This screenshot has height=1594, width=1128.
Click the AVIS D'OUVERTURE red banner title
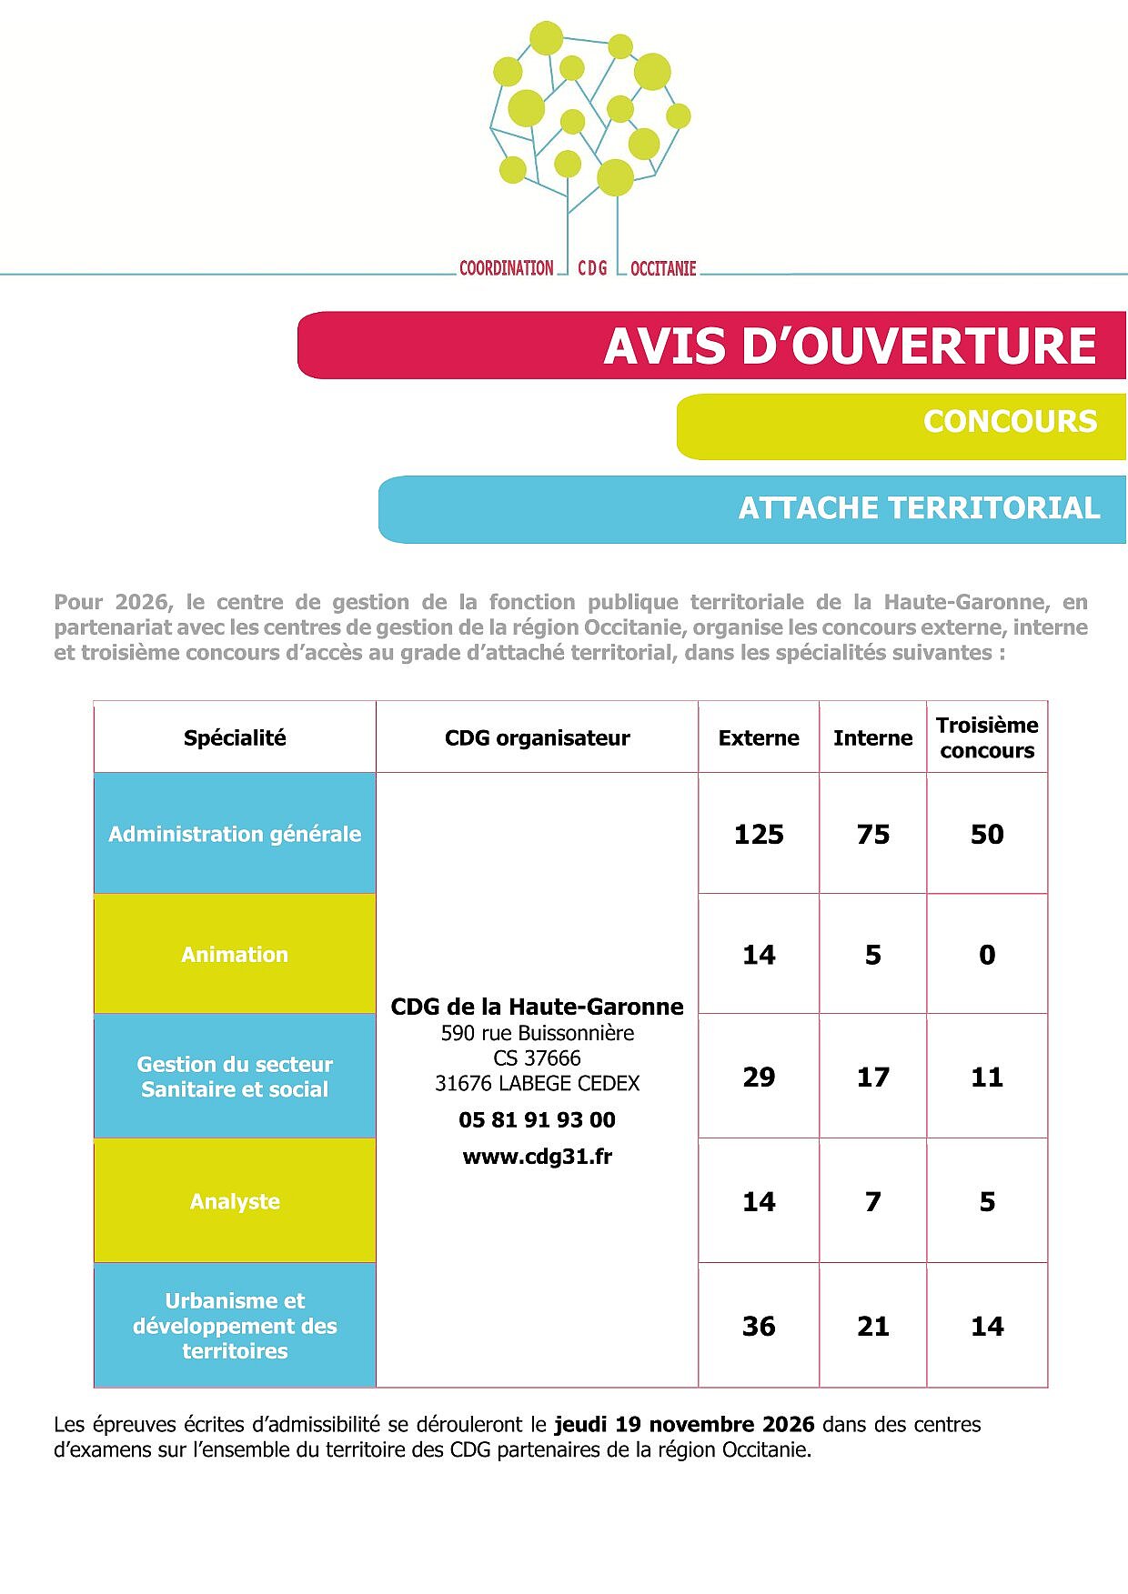(x=850, y=346)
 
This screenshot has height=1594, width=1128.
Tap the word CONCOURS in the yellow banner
(x=1010, y=422)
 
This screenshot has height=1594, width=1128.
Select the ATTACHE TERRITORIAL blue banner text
(x=919, y=508)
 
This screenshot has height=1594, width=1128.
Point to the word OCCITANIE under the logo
(x=663, y=268)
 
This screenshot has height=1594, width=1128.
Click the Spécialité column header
(x=235, y=738)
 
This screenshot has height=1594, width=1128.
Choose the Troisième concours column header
(x=987, y=738)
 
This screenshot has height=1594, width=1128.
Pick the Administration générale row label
(x=235, y=834)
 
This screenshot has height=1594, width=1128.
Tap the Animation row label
(x=235, y=955)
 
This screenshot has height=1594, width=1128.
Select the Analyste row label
(x=235, y=1202)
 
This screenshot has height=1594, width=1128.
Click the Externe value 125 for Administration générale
(x=759, y=835)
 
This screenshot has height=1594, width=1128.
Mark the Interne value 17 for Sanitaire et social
(x=872, y=1078)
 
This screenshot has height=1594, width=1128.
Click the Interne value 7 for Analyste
(x=872, y=1202)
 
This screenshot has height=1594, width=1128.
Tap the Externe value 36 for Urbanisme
(x=759, y=1327)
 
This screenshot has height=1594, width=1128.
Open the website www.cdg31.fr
(x=537, y=1157)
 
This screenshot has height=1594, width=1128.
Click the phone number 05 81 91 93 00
(x=537, y=1120)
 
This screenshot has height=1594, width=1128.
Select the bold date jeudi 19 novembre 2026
(x=684, y=1425)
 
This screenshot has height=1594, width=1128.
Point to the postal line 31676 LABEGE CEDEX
(x=537, y=1084)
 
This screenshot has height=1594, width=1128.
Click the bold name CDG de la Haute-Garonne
(x=537, y=1007)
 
